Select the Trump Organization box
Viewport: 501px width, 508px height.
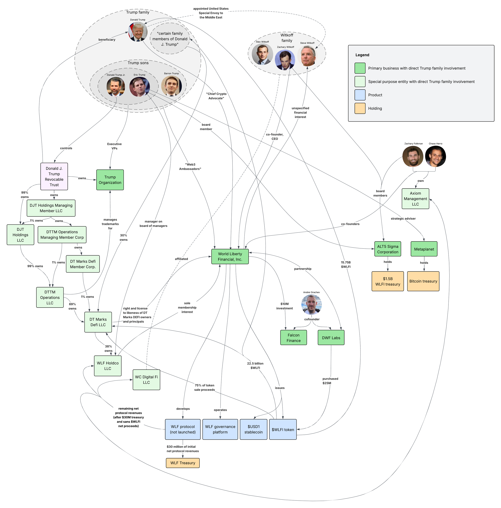pyautogui.click(x=110, y=180)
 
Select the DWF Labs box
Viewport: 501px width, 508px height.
pyautogui.click(x=331, y=338)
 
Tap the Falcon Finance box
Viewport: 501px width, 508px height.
pyautogui.click(x=293, y=338)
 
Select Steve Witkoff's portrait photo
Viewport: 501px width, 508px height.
pyautogui.click(x=307, y=56)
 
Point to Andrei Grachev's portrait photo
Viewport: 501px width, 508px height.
pyautogui.click(x=311, y=305)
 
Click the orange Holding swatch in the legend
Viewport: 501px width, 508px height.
pyautogui.click(x=360, y=108)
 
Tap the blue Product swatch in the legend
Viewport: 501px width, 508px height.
pyautogui.click(x=360, y=95)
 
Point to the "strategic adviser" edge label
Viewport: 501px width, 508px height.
pyautogui.click(x=403, y=219)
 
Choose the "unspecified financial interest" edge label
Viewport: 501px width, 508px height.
pyautogui.click(x=300, y=112)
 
